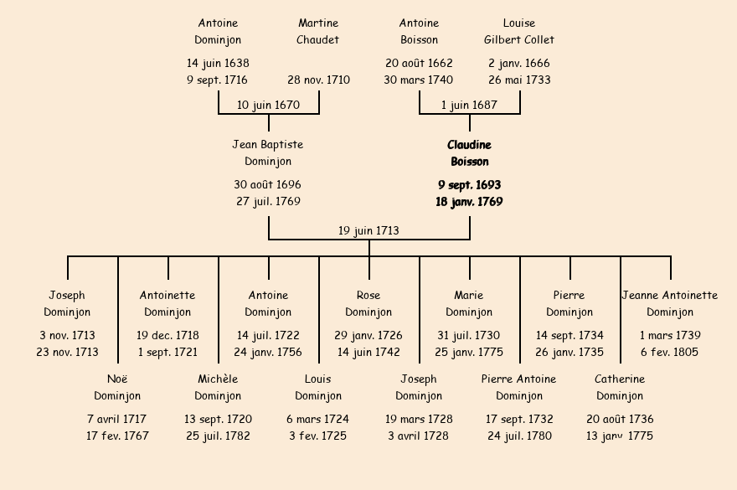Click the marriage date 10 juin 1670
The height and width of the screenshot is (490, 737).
tap(268, 106)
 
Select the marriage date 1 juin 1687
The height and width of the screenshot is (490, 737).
tap(469, 106)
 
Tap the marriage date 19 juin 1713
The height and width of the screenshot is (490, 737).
tap(368, 231)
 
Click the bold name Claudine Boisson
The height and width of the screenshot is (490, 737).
tap(469, 153)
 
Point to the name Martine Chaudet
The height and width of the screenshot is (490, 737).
tap(318, 32)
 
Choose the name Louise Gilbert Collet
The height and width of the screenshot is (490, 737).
tap(519, 32)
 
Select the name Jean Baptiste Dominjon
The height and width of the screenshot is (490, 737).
tap(268, 153)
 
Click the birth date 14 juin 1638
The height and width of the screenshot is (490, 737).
tap(218, 64)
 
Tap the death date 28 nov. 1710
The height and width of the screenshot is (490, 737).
tap(318, 80)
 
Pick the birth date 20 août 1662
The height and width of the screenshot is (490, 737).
tap(419, 64)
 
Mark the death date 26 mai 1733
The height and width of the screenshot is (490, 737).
tap(519, 80)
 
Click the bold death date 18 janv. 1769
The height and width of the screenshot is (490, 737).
tap(469, 202)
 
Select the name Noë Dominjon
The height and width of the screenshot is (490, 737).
tap(117, 388)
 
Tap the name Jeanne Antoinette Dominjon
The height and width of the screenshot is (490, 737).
tap(670, 304)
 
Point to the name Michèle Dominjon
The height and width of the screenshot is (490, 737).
tap(218, 388)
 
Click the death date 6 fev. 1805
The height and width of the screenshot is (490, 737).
tap(670, 353)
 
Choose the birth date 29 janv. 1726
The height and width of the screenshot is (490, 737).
tap(368, 336)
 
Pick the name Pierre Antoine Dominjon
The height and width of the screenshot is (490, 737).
tap(519, 388)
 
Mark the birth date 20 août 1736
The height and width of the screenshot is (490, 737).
tap(620, 420)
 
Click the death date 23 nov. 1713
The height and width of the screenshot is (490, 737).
tap(67, 353)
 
